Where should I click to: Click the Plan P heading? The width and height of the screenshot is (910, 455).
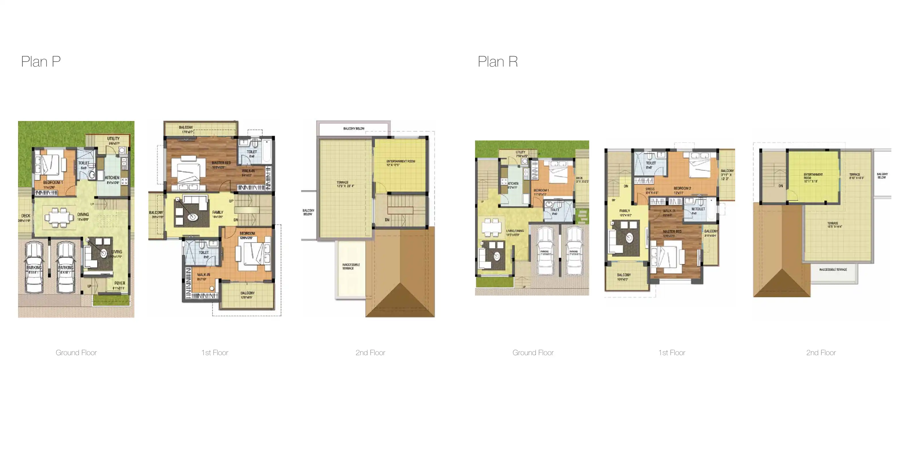[x=41, y=62]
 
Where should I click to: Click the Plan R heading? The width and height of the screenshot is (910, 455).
[x=497, y=62]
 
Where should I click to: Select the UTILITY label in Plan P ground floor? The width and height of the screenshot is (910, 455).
[x=114, y=139]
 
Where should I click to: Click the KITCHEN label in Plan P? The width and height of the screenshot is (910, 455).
[x=112, y=178]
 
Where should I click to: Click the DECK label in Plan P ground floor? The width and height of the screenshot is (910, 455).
[x=26, y=216]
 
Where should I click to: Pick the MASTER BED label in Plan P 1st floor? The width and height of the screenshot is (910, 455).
[x=221, y=163]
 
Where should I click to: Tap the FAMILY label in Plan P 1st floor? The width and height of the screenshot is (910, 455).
[x=218, y=213]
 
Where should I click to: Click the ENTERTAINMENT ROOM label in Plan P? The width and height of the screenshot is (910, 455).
[x=401, y=161]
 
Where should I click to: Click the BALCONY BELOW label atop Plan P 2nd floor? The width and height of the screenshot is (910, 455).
[x=354, y=128]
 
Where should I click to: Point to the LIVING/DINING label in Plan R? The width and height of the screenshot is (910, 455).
[x=515, y=231]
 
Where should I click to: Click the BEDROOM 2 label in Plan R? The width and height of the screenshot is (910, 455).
[x=682, y=188]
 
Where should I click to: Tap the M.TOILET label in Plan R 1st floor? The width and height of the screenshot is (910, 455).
[x=698, y=209]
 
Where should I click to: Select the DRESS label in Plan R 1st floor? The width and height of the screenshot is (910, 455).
[x=650, y=189]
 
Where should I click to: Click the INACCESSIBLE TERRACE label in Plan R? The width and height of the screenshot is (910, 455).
[x=833, y=270]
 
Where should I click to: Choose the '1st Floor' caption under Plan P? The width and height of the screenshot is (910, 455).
[x=215, y=353]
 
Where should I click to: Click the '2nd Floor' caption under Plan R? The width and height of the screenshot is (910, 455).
[x=821, y=353]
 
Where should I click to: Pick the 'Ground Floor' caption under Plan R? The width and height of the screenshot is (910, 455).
[x=533, y=353]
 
